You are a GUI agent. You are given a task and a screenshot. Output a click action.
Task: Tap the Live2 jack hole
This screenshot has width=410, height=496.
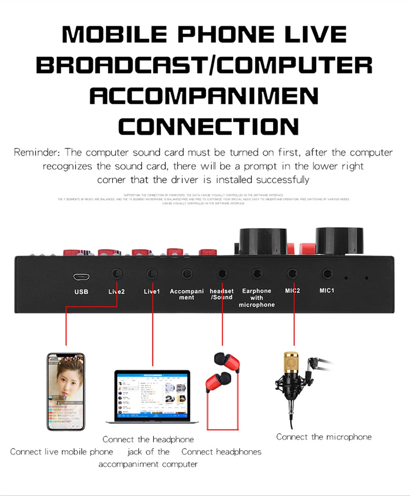pos(117,273)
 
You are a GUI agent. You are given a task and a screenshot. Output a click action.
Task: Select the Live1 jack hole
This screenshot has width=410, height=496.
pos(151,273)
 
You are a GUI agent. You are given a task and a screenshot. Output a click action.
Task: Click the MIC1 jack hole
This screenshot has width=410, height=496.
pos(327,273)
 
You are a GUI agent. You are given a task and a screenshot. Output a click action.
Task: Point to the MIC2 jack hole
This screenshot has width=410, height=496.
pos(292,273)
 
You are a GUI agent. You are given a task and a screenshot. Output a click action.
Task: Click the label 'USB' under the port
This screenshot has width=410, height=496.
pos(81,292)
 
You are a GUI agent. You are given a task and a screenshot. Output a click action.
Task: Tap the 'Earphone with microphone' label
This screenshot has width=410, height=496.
pos(257,298)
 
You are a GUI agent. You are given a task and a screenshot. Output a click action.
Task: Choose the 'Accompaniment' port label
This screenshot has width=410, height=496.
pos(187,294)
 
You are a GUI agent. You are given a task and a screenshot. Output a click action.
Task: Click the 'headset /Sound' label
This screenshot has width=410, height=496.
pos(221,294)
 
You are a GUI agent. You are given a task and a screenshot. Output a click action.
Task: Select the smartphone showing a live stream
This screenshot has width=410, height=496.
pos(66,391)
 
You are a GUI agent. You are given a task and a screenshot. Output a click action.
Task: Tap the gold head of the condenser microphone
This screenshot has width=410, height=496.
pos(292,364)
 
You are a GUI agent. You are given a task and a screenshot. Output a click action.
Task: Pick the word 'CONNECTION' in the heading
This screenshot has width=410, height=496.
pos(209,127)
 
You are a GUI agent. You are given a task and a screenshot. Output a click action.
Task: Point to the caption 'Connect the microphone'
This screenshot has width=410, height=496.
pos(324,437)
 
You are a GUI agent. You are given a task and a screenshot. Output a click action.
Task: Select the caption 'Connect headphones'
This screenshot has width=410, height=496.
pos(221,452)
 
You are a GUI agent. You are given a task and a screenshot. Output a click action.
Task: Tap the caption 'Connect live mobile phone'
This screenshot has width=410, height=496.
pos(62,452)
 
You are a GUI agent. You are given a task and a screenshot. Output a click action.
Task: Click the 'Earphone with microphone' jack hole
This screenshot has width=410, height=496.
pos(257,273)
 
